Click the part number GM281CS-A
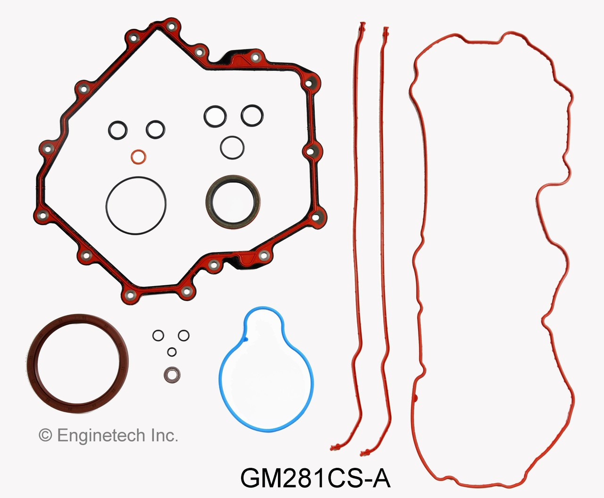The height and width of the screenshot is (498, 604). [x=315, y=479]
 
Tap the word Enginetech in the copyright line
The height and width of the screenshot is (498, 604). [x=101, y=435]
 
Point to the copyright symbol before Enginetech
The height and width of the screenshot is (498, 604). [x=45, y=435]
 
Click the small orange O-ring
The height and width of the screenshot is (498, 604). [x=138, y=157]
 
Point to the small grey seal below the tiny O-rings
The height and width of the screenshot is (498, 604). [x=172, y=375]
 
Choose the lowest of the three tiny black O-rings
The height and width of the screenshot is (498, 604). [x=172, y=352]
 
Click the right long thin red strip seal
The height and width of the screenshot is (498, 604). [x=382, y=236]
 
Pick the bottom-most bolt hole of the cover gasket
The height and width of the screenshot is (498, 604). [x=129, y=295]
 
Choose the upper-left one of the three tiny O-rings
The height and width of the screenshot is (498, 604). [x=158, y=336]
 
